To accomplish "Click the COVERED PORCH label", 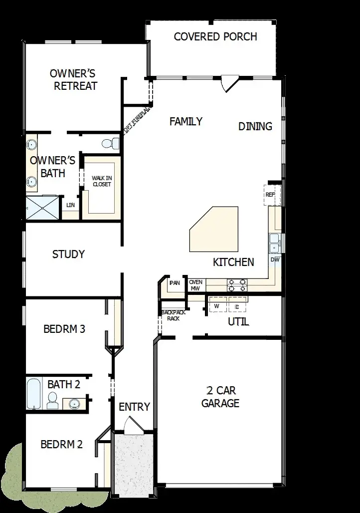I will [215, 37].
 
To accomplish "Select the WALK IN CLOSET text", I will [101, 181].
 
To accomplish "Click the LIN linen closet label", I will [71, 205].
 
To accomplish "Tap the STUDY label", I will [68, 255].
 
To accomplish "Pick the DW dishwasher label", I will [275, 260].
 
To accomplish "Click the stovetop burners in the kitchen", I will [237, 285].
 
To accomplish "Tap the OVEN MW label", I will [195, 285].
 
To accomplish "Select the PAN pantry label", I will [175, 283].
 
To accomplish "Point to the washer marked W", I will [217, 305].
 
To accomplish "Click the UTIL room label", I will [238, 322].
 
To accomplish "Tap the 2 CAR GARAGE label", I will [220, 397].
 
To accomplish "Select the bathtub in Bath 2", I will [34, 394].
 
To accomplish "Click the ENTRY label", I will [134, 407].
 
